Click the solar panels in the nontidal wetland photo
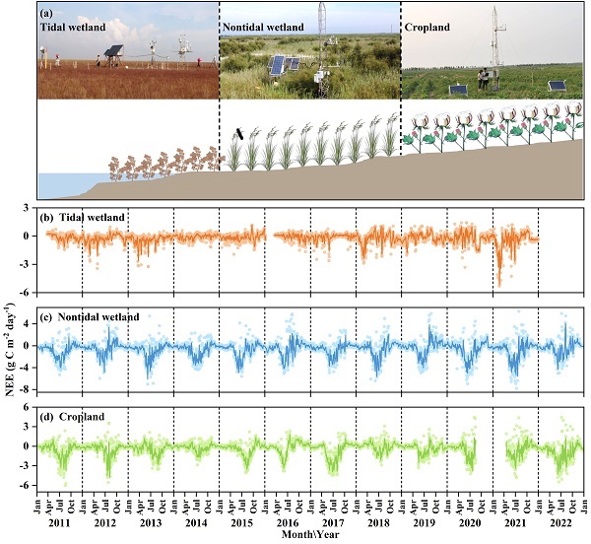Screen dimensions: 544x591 coord(285,67)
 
